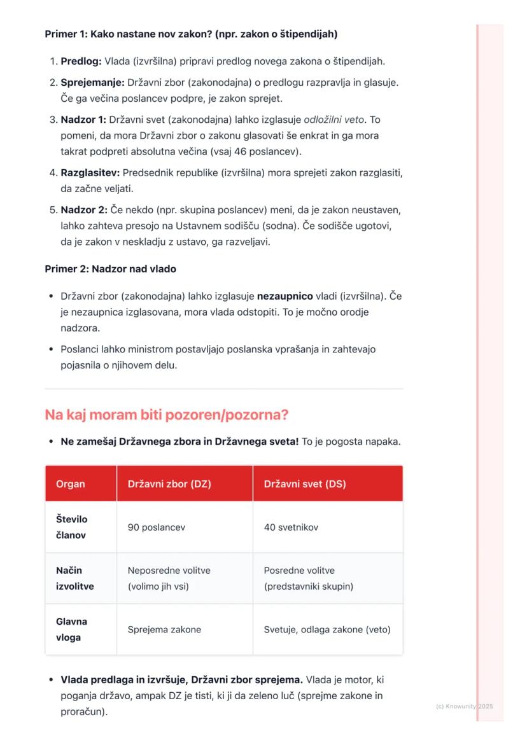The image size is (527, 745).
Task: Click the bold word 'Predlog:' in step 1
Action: (x=81, y=62)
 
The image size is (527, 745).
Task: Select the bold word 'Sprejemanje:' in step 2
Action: (x=92, y=83)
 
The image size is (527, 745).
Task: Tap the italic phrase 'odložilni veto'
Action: (x=342, y=120)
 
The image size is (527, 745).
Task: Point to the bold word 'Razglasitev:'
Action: (x=90, y=173)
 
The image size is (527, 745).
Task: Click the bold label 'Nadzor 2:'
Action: (x=84, y=210)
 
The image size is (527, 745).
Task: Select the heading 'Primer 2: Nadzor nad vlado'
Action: (x=110, y=269)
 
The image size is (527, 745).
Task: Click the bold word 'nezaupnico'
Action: (x=285, y=296)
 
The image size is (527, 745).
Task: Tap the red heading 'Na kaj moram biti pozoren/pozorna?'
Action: (x=166, y=415)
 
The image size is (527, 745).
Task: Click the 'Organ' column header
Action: (x=70, y=484)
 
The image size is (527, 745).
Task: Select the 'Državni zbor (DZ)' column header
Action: (x=169, y=484)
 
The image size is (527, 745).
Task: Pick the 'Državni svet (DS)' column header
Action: (x=305, y=484)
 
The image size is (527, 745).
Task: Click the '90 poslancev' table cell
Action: (x=157, y=527)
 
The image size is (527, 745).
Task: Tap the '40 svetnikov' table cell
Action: (x=291, y=527)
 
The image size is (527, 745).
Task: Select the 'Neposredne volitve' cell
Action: (x=169, y=571)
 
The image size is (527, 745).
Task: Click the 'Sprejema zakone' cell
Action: (x=164, y=630)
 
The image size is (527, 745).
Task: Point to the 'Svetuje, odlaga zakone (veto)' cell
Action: (x=327, y=630)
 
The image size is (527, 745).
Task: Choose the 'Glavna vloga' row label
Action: (x=71, y=629)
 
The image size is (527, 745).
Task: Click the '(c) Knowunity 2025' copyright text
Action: (x=464, y=706)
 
